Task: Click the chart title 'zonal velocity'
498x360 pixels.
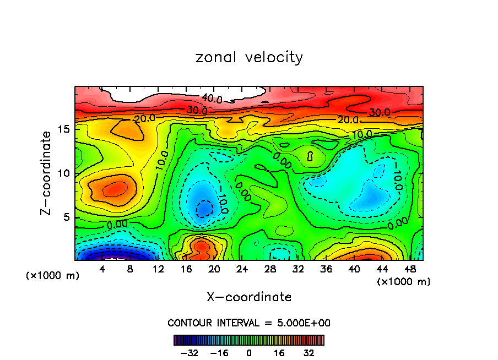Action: click(249, 57)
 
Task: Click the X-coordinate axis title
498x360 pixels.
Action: click(249, 297)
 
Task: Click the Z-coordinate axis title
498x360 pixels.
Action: click(47, 173)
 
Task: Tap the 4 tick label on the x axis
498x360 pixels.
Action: click(102, 269)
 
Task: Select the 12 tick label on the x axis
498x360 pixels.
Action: click(158, 269)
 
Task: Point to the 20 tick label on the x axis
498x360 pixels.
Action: click(214, 269)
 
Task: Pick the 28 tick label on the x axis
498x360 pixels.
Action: click(270, 269)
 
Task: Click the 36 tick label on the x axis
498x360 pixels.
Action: click(326, 269)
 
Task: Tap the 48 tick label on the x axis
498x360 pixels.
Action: click(409, 269)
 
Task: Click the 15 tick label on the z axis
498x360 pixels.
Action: click(64, 129)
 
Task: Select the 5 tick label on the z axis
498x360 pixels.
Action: click(67, 217)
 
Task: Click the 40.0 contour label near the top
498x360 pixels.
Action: click(212, 99)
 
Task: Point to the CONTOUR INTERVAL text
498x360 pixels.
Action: click(249, 323)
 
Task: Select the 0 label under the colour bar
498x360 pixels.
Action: click(249, 353)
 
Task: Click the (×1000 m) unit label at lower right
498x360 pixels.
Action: click(404, 281)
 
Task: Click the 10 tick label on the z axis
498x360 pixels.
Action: click(64, 173)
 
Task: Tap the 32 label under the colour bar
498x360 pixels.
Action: click(308, 353)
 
